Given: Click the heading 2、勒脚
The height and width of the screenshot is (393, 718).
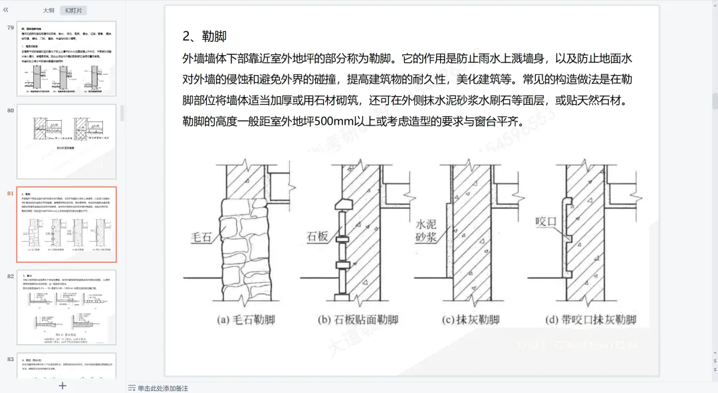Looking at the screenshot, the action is pyautogui.click(x=205, y=36).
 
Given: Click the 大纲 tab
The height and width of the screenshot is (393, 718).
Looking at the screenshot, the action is pyautogui.click(x=49, y=11).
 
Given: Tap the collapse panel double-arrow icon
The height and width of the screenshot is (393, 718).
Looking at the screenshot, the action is pyautogui.click(x=6, y=10).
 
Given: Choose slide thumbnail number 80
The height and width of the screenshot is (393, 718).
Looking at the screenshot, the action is pyautogui.click(x=66, y=141).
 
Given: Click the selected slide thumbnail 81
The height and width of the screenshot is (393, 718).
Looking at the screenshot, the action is pyautogui.click(x=66, y=224).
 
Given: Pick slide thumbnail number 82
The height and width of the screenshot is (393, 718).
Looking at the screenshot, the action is pyautogui.click(x=66, y=307).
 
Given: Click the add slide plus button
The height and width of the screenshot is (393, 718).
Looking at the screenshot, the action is pyautogui.click(x=62, y=385).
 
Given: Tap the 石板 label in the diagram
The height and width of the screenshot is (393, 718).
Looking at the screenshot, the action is pyautogui.click(x=316, y=236).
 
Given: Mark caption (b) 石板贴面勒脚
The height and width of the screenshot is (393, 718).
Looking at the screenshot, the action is pyautogui.click(x=358, y=319).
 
